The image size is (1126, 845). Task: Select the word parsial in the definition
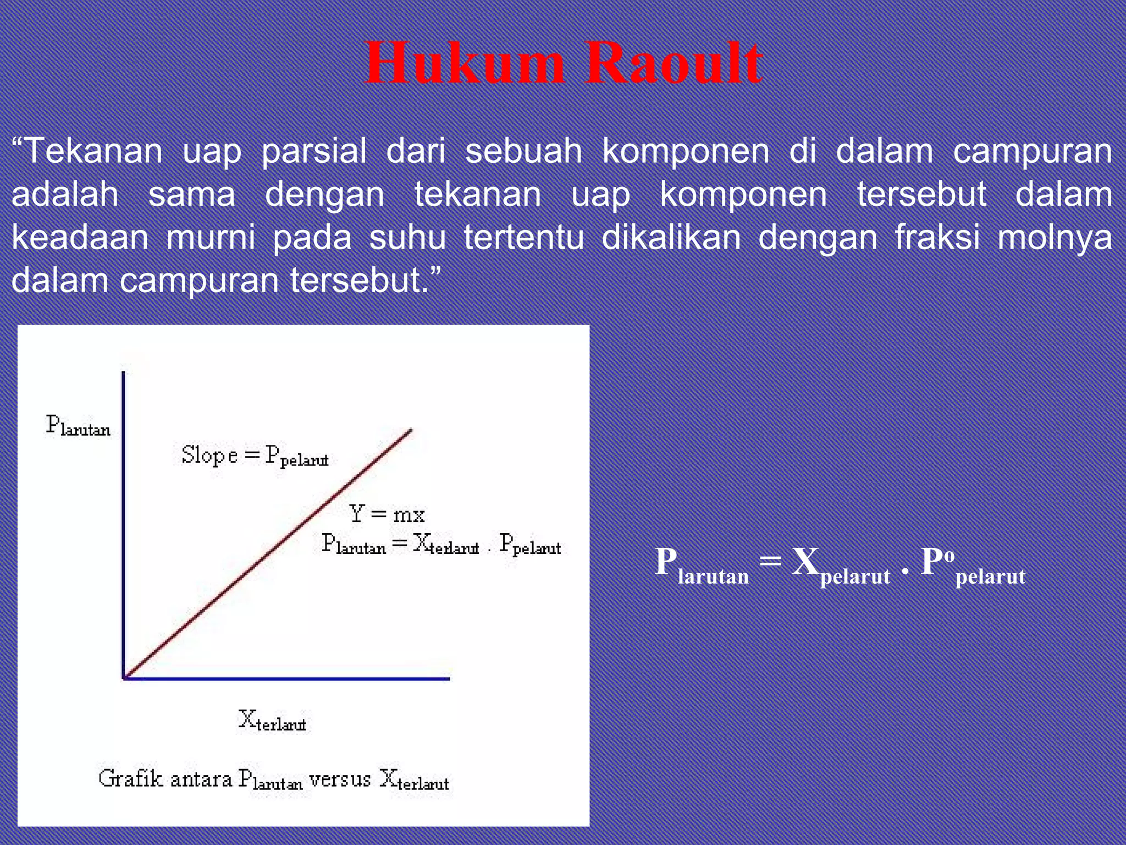[x=313, y=151]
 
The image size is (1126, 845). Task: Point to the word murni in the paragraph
[x=211, y=237]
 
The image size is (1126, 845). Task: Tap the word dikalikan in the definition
[x=671, y=237]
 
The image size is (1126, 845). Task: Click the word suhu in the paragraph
[x=407, y=237]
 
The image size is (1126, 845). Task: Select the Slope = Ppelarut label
[x=255, y=456]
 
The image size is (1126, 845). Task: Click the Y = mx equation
[x=387, y=514]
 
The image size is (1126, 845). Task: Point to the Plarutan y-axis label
[x=78, y=426]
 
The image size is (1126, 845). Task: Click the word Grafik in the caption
[x=131, y=778]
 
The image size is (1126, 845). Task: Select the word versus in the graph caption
[x=340, y=779]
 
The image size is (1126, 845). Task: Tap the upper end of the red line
[x=410, y=431]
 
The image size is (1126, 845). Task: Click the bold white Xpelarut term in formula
[x=840, y=567]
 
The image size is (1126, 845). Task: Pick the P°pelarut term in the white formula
[x=973, y=567]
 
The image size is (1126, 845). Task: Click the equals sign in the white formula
[x=770, y=562]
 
